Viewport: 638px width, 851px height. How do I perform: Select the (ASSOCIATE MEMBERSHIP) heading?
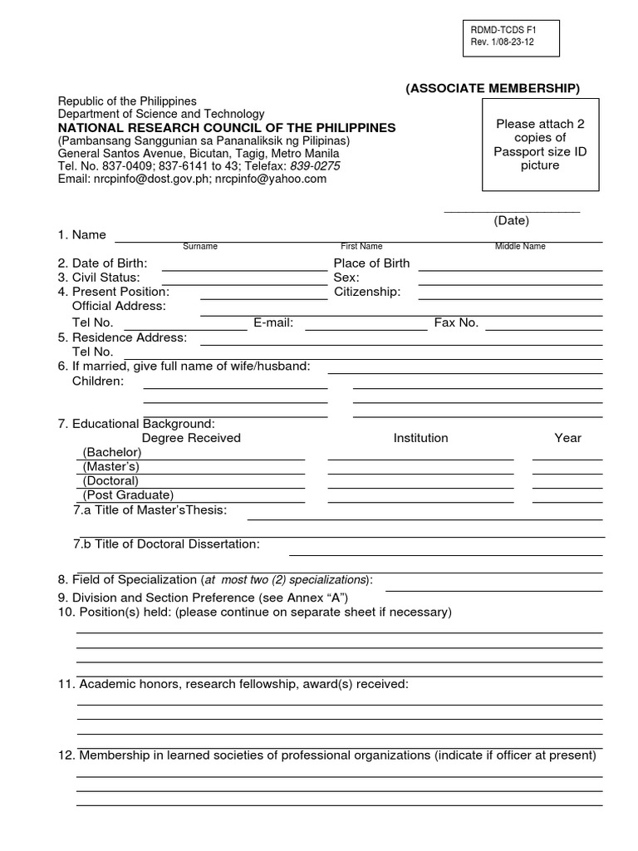point(493,89)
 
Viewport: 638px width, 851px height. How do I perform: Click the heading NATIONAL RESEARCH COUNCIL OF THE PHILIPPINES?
point(227,127)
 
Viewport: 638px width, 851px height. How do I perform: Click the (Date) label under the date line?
point(511,220)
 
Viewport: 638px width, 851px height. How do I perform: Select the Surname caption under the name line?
point(200,247)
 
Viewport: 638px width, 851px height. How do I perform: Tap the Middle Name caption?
point(520,247)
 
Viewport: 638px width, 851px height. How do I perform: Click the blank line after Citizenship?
point(510,298)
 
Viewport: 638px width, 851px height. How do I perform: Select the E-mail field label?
point(273,322)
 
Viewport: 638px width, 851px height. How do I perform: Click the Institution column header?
point(420,438)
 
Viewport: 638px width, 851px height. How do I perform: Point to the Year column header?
point(567,438)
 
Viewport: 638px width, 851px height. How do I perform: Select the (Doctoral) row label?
point(110,480)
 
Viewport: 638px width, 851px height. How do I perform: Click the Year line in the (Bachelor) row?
point(567,458)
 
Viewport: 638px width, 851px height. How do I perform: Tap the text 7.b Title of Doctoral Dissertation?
point(166,544)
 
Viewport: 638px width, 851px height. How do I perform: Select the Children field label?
point(98,381)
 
